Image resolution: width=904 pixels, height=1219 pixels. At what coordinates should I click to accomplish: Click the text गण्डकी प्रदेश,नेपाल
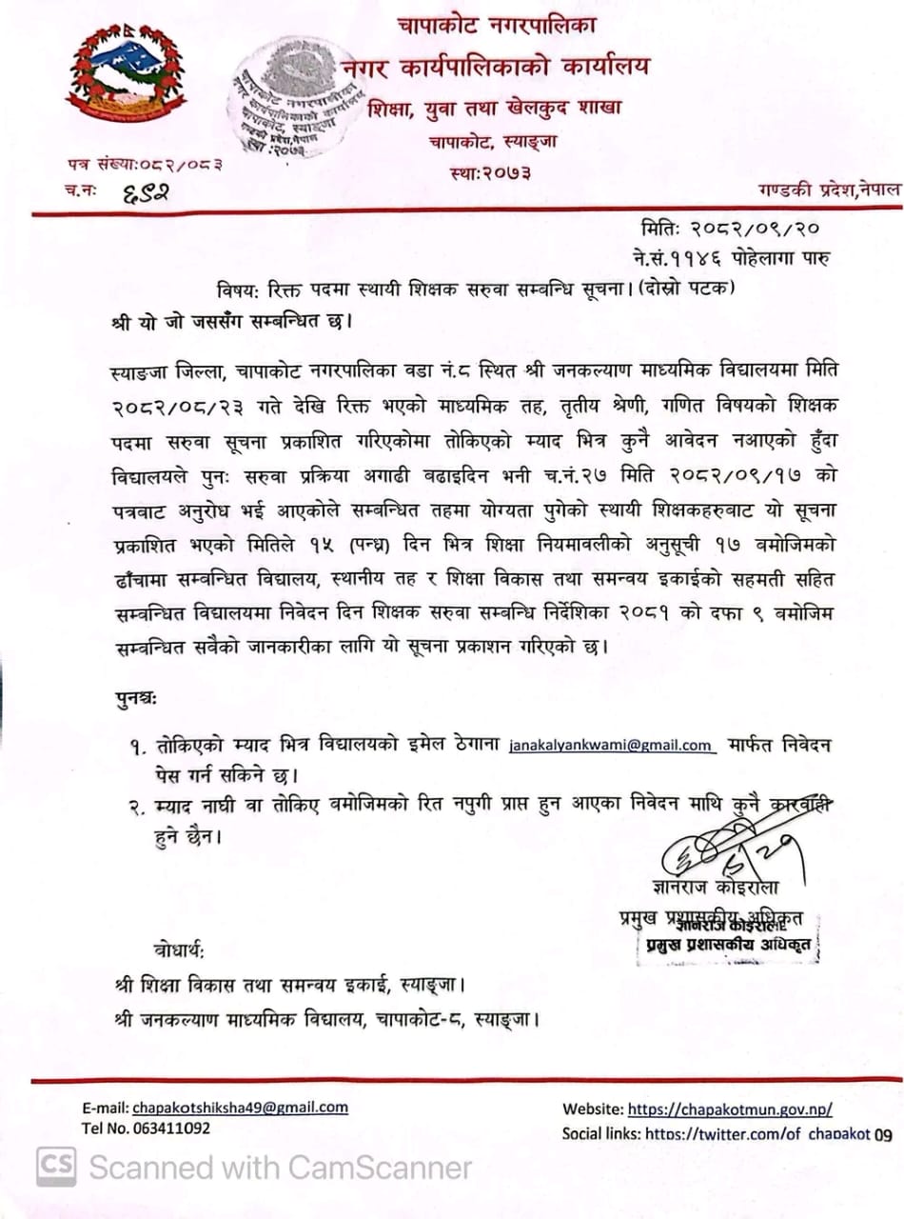(x=828, y=190)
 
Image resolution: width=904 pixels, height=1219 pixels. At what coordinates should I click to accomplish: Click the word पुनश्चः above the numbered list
(x=131, y=700)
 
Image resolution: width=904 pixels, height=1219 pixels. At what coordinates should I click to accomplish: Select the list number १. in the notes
(x=137, y=746)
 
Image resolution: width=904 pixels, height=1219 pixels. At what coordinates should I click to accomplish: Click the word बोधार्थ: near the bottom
(x=178, y=951)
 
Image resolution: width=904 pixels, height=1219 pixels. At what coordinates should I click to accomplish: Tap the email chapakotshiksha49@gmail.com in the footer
(x=240, y=1108)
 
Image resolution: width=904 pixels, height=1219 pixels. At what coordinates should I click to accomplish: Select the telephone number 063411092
(x=163, y=1129)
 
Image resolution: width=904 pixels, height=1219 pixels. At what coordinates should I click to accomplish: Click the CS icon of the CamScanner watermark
(x=55, y=1167)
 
